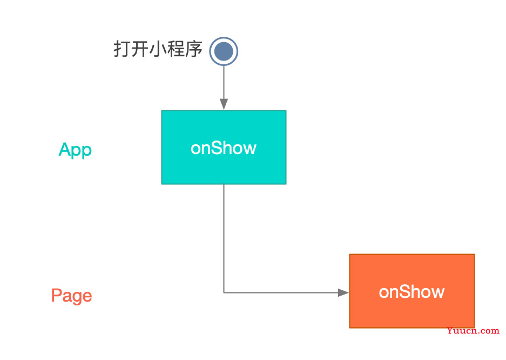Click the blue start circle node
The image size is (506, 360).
click(x=224, y=51)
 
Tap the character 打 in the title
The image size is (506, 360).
click(x=123, y=49)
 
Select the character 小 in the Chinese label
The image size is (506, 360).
click(x=158, y=49)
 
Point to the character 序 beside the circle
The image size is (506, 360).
click(x=194, y=49)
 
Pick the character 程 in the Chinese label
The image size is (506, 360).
click(x=176, y=49)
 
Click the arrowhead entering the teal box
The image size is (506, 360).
click(x=224, y=104)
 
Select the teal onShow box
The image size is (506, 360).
click(x=224, y=147)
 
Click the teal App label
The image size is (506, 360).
click(x=75, y=150)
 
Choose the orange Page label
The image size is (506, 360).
click(x=72, y=296)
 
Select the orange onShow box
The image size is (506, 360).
click(x=412, y=291)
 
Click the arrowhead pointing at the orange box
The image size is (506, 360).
click(x=343, y=293)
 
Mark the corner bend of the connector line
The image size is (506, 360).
click(x=224, y=293)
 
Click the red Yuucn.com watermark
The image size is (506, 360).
click(x=473, y=331)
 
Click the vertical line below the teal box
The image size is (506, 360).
click(x=224, y=238)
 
